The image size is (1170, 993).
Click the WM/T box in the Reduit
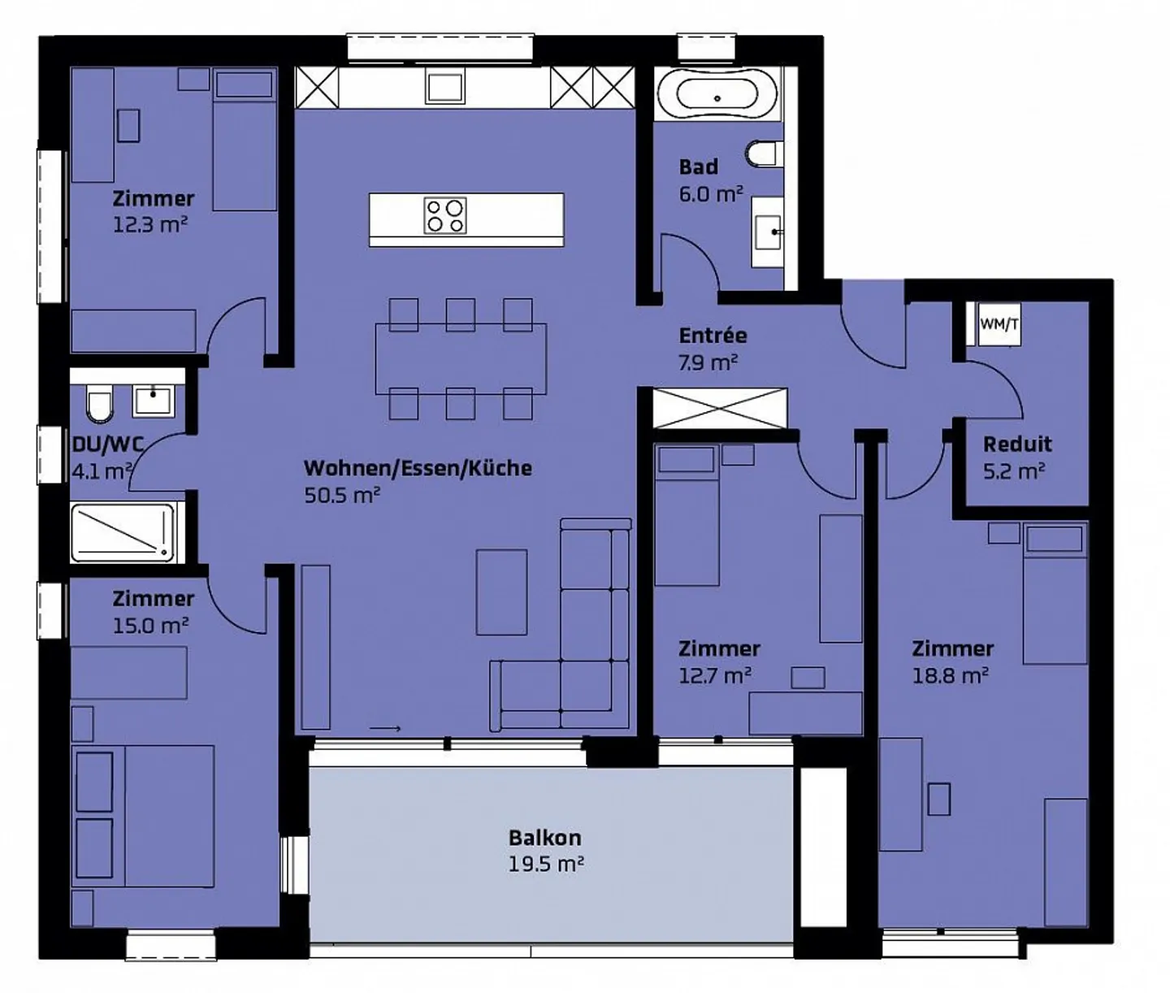[x=999, y=324]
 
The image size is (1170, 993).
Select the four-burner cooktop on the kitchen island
[x=445, y=215]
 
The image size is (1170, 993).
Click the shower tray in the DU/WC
[x=123, y=532]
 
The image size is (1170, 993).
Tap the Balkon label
[x=544, y=837]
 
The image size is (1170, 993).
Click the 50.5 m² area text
[x=342, y=495]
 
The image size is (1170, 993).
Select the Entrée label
[x=713, y=335]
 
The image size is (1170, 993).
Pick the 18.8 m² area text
[x=950, y=675]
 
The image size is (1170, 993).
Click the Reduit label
[x=1017, y=444]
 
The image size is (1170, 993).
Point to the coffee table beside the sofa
[x=501, y=592]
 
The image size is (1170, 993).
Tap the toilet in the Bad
[x=764, y=154]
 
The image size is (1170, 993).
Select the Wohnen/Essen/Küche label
[x=418, y=468]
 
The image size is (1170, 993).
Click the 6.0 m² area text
[x=711, y=194]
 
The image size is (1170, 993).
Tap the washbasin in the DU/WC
[x=153, y=401]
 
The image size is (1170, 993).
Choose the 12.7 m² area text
[x=714, y=675]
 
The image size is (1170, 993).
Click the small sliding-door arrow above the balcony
[x=385, y=729]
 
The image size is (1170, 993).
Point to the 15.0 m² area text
[x=150, y=626]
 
